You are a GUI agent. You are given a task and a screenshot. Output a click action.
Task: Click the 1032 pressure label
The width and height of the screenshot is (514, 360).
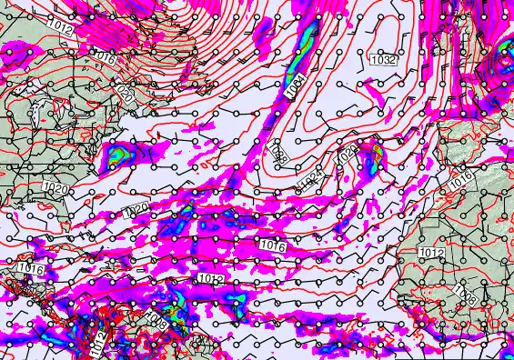384,59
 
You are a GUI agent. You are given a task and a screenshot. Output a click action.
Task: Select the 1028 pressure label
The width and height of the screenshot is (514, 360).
346,156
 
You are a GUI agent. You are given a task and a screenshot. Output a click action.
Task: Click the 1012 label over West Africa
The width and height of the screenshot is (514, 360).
432,252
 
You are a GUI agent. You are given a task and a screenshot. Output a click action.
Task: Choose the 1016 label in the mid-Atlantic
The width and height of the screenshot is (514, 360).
272,246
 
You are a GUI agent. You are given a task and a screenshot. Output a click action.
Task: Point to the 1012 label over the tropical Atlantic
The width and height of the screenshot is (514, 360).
210,278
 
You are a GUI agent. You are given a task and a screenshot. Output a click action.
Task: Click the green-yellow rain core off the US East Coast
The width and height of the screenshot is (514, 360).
116,157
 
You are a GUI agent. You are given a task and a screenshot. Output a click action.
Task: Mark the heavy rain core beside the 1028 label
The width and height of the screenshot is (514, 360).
371,157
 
